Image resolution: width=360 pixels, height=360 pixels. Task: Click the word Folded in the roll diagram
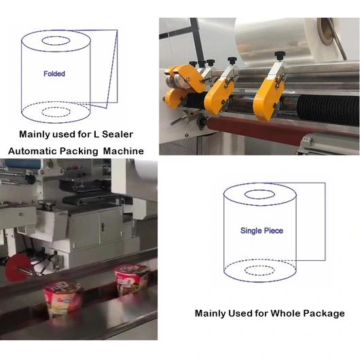(x=54, y=74)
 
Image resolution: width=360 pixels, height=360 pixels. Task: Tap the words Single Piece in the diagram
(x=262, y=230)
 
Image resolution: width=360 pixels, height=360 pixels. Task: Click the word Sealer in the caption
(x=118, y=134)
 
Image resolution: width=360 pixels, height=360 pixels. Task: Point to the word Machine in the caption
(x=124, y=151)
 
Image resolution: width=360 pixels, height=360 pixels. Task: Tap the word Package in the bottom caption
(x=324, y=313)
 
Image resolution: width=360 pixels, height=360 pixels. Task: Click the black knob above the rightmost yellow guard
(x=280, y=55)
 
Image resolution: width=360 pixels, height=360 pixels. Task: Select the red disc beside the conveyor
(x=16, y=268)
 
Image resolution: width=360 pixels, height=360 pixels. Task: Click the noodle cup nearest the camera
(x=62, y=298)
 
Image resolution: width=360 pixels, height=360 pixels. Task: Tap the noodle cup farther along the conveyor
(x=132, y=279)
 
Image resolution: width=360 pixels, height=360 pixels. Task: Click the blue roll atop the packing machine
(x=22, y=164)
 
